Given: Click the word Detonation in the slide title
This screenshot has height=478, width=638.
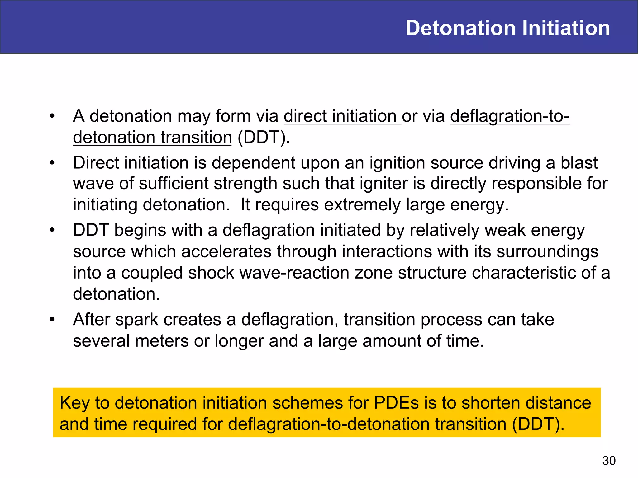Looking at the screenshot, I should pyautogui.click(x=461, y=28).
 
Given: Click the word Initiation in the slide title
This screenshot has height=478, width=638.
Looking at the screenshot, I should pyautogui.click(x=566, y=28).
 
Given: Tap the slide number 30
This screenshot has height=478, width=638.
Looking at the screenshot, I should pyautogui.click(x=609, y=461).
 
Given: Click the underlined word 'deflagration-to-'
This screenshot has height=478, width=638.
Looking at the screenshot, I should pyautogui.click(x=510, y=116).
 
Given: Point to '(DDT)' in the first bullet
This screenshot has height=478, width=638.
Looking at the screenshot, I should pyautogui.click(x=264, y=137).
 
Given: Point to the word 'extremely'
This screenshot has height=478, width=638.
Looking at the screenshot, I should pyautogui.click(x=362, y=205).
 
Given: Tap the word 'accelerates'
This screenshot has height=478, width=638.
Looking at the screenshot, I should pyautogui.click(x=226, y=251).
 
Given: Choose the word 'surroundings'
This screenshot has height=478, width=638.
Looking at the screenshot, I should pyautogui.click(x=547, y=251).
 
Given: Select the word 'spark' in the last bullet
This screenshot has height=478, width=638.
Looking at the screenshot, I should pyautogui.click(x=137, y=320).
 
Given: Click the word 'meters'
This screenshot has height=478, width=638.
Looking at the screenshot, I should pyautogui.click(x=162, y=341).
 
